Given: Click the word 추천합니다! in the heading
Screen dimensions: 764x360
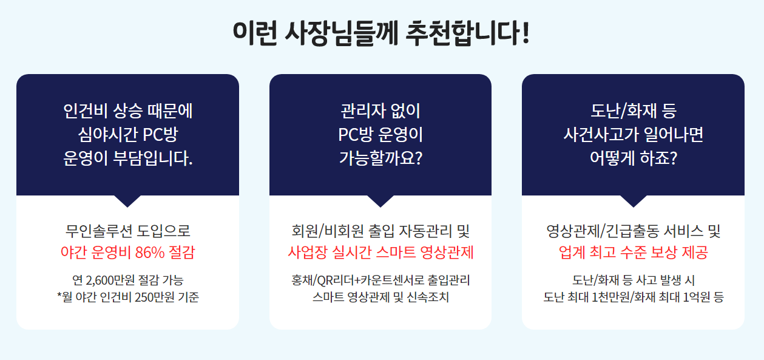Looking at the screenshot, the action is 467,33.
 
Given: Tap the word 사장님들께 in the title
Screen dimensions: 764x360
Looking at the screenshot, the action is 341,33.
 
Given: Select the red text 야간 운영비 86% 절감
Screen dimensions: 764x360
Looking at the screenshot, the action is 127,253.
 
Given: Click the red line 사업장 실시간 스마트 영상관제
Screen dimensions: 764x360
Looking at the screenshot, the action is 380,253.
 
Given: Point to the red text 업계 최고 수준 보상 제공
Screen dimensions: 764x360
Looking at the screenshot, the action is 634,253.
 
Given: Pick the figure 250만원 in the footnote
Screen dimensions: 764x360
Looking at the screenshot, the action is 155,297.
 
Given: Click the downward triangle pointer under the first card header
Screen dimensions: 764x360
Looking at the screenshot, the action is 127,201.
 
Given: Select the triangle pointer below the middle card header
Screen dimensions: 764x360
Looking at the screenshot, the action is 380,201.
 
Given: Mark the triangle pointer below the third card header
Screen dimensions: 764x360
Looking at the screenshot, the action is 634,201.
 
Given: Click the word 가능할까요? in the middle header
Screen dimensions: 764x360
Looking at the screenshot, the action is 380,158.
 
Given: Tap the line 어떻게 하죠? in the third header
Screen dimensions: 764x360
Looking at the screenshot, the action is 634,158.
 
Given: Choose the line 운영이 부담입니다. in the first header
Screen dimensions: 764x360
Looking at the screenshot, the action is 128,158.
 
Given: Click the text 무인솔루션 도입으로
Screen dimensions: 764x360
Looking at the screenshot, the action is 128,231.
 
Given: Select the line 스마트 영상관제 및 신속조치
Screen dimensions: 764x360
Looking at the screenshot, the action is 380,297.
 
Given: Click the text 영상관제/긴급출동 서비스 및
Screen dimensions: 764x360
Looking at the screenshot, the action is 634,231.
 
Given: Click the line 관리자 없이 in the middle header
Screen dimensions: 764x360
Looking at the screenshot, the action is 380,111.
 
